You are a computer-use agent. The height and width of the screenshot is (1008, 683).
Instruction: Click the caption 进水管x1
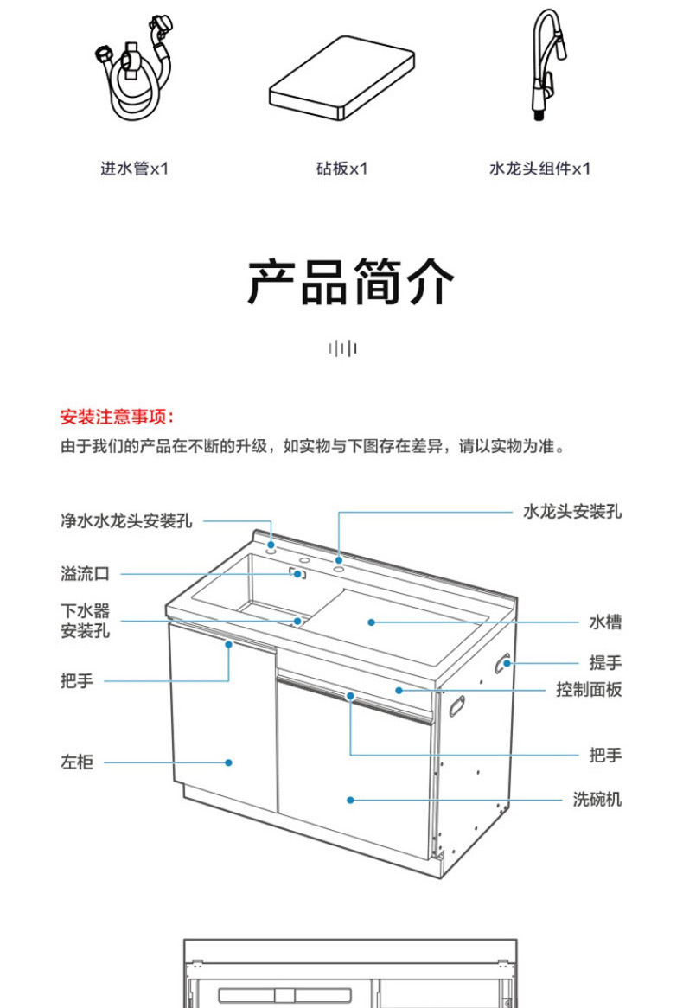click(135, 168)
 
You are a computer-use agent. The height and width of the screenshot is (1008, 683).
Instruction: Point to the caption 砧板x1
click(341, 168)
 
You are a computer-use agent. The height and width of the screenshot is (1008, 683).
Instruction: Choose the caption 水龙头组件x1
click(539, 168)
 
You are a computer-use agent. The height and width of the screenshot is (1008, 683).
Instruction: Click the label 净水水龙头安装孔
click(126, 521)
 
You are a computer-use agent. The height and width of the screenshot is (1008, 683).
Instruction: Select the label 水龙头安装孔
click(572, 512)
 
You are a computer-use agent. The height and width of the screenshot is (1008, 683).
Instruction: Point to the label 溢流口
click(85, 573)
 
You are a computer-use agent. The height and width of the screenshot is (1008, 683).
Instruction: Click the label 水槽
click(605, 622)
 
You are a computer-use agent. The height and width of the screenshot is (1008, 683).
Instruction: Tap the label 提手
click(605, 663)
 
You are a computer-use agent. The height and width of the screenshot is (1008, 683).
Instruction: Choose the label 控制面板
click(589, 689)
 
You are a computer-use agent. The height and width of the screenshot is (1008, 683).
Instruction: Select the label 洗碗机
click(597, 800)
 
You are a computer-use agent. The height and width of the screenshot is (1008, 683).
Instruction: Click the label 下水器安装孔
click(85, 621)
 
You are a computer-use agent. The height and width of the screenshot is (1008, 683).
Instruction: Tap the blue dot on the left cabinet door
click(229, 762)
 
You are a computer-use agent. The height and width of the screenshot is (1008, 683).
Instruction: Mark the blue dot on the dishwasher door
click(350, 800)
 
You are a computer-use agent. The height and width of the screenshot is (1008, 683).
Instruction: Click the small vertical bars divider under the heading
click(342, 348)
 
